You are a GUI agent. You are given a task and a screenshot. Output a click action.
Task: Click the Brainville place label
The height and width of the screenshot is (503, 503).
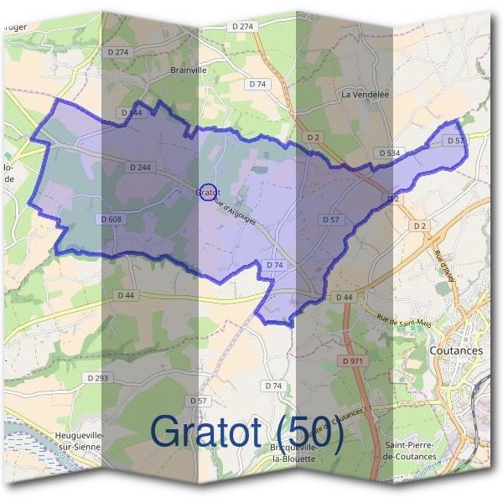pyautogui.click(x=188, y=70)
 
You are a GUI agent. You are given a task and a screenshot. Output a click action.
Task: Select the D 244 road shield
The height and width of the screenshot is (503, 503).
pyautogui.click(x=140, y=168)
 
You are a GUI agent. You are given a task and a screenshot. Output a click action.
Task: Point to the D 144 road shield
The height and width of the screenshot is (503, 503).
pyautogui.click(x=132, y=111)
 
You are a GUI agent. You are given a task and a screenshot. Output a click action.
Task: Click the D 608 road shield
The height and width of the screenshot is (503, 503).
pyautogui.click(x=111, y=219)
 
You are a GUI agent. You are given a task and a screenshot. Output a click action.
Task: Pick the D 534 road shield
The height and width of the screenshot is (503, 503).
pyautogui.click(x=388, y=153)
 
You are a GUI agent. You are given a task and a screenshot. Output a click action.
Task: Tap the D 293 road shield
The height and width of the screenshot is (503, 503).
pyautogui.click(x=97, y=378)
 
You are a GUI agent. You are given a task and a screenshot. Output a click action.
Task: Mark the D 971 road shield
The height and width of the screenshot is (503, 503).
pyautogui.click(x=353, y=360)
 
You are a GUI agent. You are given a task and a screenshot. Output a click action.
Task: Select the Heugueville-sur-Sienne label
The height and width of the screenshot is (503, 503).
pyautogui.click(x=78, y=441)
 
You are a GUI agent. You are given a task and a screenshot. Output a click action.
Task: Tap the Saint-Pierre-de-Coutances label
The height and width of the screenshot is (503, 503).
pyautogui.click(x=409, y=450)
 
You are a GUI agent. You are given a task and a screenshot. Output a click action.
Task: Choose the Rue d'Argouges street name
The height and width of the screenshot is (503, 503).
pyautogui.click(x=235, y=210)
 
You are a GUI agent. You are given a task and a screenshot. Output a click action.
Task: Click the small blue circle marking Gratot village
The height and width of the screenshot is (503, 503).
pyautogui.click(x=209, y=192)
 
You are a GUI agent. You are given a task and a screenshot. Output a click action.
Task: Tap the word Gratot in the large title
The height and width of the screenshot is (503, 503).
pyautogui.click(x=210, y=431)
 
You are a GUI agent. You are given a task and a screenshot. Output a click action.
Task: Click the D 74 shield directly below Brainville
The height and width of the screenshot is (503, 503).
pyautogui.click(x=257, y=84)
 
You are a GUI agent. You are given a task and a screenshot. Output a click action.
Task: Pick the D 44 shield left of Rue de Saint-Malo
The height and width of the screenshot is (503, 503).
pyautogui.click(x=344, y=298)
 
